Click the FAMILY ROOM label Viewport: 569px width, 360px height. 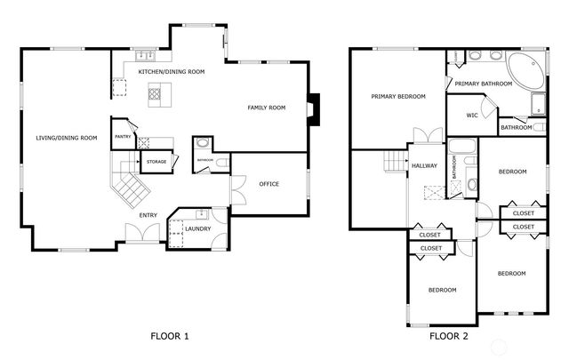tap(267, 108)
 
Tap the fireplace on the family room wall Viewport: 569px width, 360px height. tap(313, 107)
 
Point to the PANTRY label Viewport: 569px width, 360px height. tap(123, 137)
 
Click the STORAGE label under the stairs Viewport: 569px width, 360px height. tap(156, 162)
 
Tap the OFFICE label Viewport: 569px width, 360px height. tap(268, 184)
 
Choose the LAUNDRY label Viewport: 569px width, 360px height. tap(197, 229)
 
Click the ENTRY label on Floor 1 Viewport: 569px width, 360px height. tap(148, 215)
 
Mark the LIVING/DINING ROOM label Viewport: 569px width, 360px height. tap(66, 138)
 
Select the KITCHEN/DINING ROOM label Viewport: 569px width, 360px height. tap(171, 71)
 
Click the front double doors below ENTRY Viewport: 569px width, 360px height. tap(141, 233)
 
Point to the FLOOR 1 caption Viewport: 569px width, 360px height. tap(169, 337)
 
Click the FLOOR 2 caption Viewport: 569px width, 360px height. tap(449, 337)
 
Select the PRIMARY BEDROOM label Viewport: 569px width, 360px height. tap(398, 96)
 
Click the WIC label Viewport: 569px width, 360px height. tap(472, 116)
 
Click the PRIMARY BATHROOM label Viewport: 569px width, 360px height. tap(485, 84)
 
